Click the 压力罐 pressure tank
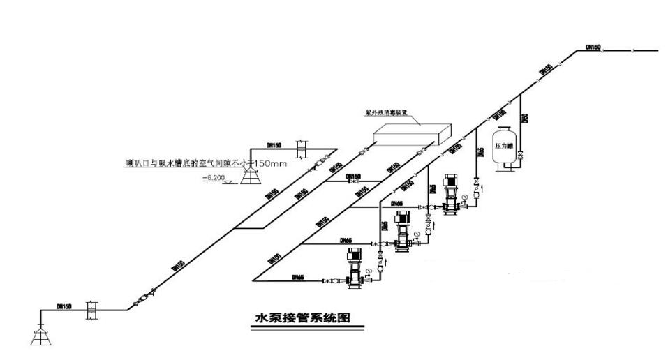503,145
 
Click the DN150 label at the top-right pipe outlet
593,47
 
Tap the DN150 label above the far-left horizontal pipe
64,305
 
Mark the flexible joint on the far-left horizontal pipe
89,310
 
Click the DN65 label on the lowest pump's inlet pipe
297,276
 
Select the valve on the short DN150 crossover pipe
355,181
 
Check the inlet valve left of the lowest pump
327,280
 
